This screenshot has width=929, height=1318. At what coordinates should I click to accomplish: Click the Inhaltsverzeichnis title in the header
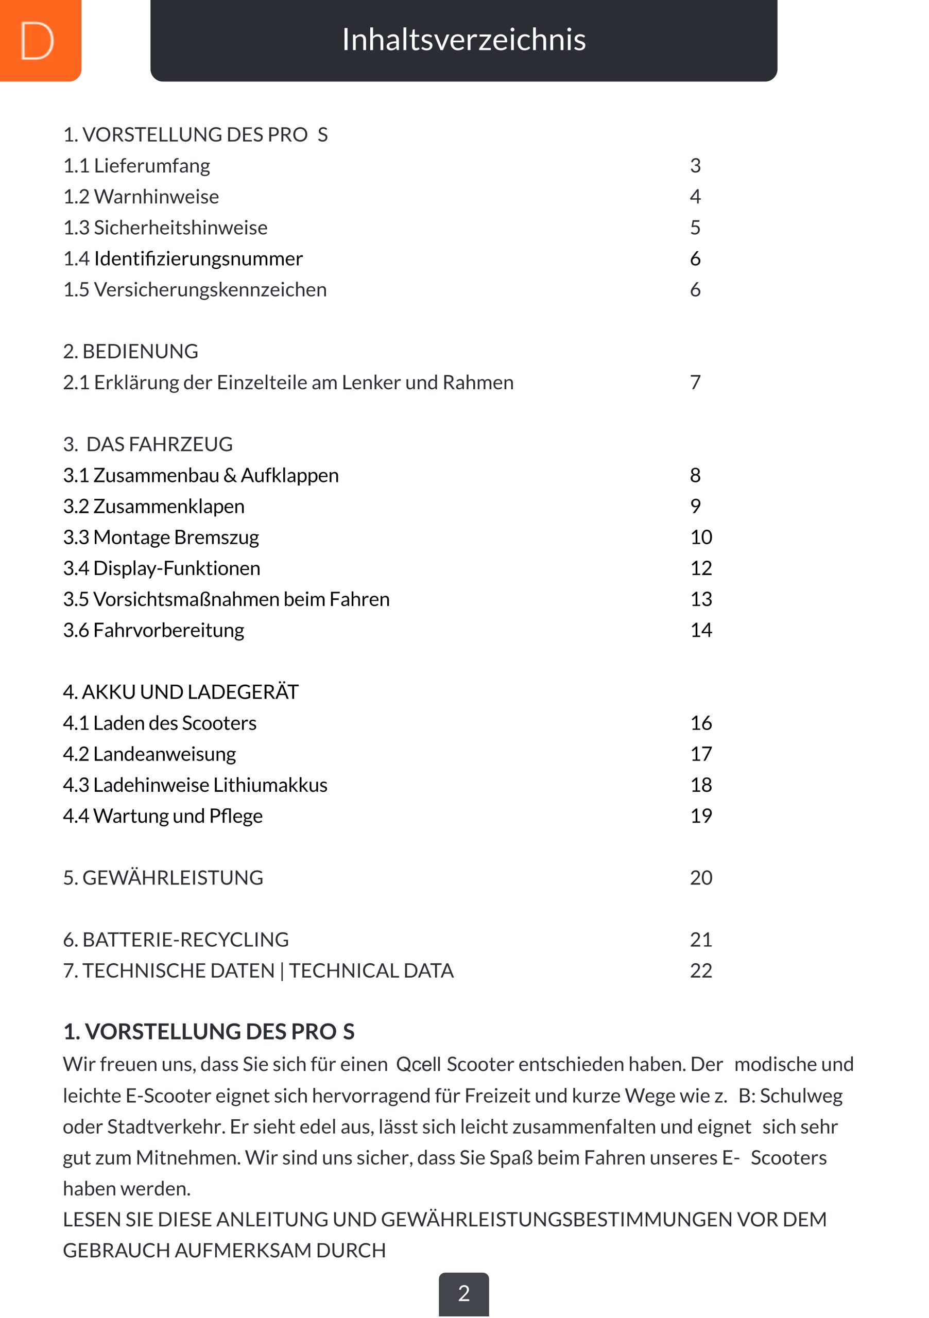(x=463, y=40)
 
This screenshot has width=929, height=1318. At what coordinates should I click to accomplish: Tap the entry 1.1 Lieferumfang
(x=136, y=166)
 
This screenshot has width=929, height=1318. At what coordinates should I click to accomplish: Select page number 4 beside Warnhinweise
(x=695, y=197)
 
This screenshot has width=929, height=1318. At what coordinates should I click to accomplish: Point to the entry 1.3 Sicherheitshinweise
(x=165, y=228)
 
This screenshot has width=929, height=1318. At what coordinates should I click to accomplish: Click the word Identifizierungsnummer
(x=198, y=259)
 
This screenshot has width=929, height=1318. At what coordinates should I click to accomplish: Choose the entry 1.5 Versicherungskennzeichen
(x=195, y=290)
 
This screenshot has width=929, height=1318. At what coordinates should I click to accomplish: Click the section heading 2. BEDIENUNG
(x=130, y=351)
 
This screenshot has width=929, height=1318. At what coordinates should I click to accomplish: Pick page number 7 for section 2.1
(x=695, y=383)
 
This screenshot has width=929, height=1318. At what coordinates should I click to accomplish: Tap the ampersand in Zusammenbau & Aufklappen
(x=230, y=475)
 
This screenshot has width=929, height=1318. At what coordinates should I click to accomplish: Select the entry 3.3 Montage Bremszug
(x=161, y=537)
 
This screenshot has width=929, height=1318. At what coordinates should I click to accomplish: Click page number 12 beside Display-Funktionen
(x=700, y=568)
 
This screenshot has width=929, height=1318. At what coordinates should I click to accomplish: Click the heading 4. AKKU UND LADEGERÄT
(x=180, y=692)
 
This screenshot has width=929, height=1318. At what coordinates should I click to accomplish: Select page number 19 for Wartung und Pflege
(x=700, y=817)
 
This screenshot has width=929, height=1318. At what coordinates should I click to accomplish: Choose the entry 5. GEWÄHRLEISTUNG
(x=163, y=878)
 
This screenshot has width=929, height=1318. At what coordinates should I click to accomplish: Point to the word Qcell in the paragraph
(x=418, y=1064)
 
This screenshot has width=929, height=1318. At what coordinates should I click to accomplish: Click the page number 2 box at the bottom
(x=463, y=1293)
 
